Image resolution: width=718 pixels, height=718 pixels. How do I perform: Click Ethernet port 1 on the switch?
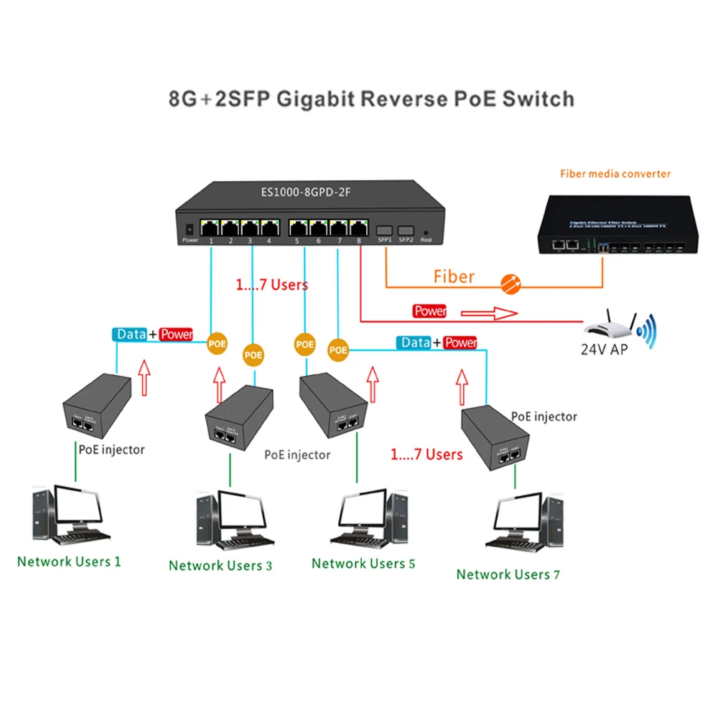click(210, 228)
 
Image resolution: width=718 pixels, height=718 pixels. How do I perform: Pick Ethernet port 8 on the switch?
click(358, 228)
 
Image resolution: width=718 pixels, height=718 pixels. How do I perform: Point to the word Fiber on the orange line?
click(454, 276)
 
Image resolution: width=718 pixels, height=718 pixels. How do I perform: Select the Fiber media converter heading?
click(615, 174)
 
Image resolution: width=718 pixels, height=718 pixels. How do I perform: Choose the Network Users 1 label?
click(69, 561)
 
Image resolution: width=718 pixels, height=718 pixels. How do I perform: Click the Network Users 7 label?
click(508, 574)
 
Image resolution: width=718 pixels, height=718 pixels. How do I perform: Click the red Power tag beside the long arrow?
click(429, 311)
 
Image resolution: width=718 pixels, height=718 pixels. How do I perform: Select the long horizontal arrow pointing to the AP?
click(488, 313)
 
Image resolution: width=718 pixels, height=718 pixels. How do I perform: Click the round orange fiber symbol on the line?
click(510, 282)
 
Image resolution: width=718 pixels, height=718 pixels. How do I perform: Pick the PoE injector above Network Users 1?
click(96, 405)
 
